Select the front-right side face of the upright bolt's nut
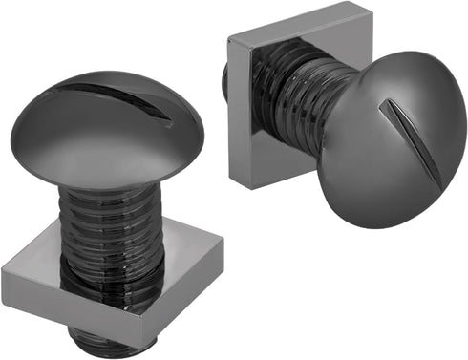click(181, 306)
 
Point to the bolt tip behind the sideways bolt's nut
click(224, 81)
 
